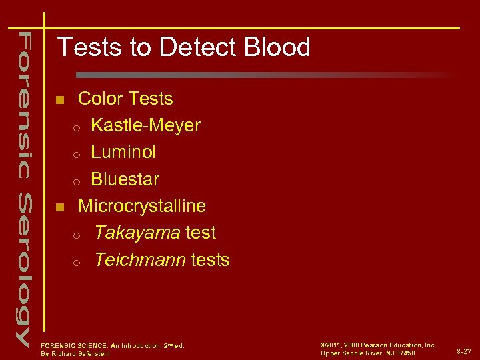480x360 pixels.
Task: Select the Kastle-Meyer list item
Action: [x=145, y=125]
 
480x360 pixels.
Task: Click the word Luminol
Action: [x=123, y=152]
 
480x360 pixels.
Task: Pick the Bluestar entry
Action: [x=125, y=179]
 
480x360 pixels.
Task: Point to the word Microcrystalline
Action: [x=142, y=206]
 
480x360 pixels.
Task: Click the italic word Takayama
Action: [x=137, y=233]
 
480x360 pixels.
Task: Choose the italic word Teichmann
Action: [x=140, y=259]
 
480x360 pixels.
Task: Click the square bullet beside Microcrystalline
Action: [x=59, y=207]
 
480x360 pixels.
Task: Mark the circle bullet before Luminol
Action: [x=77, y=154]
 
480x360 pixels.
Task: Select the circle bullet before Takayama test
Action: [x=77, y=235]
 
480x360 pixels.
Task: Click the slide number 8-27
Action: [x=464, y=350]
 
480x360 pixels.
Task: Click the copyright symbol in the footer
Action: [x=323, y=345]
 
